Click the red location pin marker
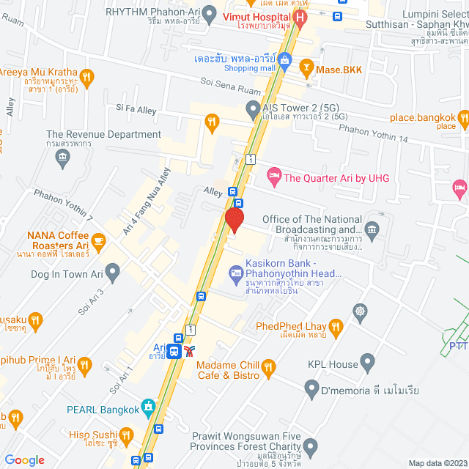point(234,220)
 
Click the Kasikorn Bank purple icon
point(237,273)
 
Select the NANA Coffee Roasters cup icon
point(98,240)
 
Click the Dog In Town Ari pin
point(112,273)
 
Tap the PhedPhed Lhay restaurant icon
point(336,325)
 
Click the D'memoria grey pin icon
point(313,388)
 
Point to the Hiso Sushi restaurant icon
point(125,436)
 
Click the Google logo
point(25,459)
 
